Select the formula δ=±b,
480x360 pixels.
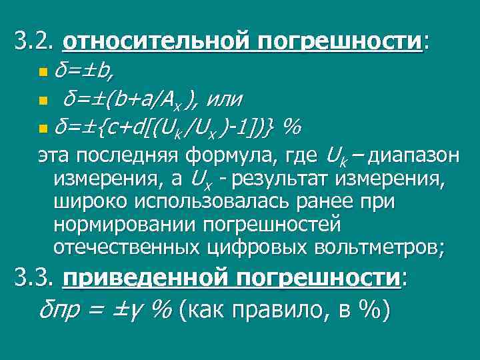tap(83, 69)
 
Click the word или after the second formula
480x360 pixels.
tap(224, 100)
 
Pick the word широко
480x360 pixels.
tap(86, 201)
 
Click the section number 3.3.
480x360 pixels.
tap(34, 277)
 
